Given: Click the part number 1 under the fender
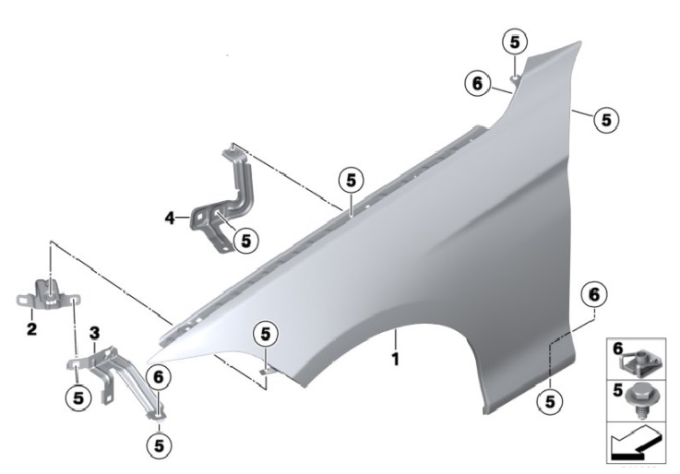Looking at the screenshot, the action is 395,359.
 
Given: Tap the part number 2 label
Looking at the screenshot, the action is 31,329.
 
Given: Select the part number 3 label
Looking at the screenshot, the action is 94,334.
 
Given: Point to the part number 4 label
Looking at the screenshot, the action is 170,218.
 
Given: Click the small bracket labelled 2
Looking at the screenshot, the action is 49,294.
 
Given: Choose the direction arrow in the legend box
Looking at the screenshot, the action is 636,443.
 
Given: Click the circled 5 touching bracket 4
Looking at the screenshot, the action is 246,241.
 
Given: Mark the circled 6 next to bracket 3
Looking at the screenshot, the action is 159,377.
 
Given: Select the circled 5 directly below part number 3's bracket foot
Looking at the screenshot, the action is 78,397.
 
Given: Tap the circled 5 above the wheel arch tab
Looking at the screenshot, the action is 266,334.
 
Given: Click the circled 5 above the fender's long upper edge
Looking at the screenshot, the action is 351,180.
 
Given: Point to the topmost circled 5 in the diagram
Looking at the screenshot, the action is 514,42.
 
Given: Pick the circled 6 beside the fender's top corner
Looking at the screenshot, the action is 477,84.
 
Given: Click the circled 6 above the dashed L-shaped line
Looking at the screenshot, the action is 594,294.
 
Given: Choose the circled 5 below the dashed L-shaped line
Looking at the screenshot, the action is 550,402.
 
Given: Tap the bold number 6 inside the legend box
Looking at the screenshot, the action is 617,348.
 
